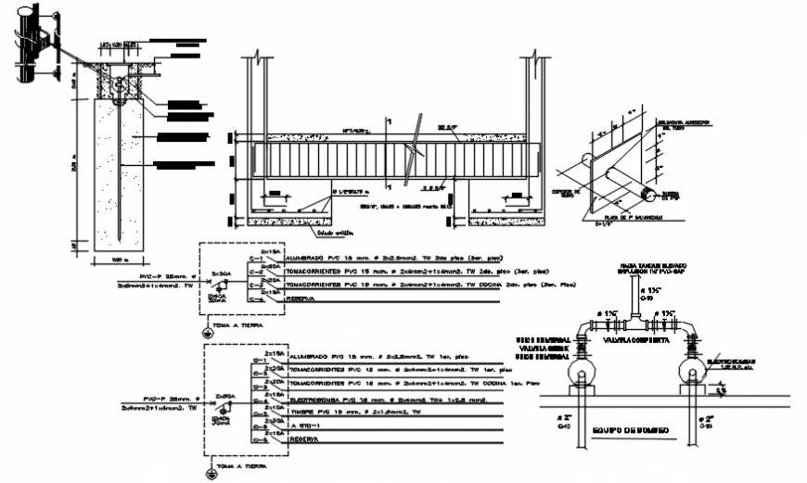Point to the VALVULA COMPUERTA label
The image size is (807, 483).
632,339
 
